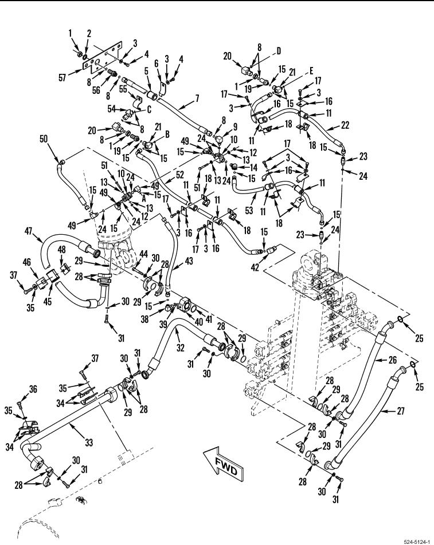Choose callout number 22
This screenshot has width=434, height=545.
point(346,124)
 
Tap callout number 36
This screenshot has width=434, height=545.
point(33,389)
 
